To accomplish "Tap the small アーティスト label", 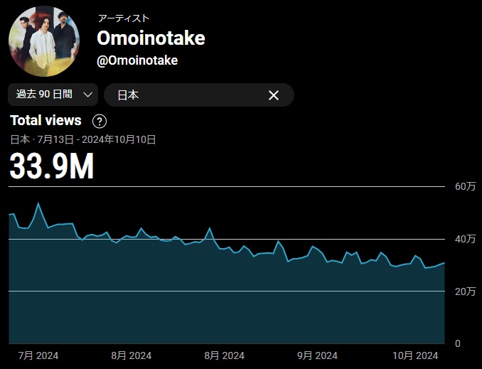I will (x=124, y=18).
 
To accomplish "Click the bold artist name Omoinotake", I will (x=151, y=38).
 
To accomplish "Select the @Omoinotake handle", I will (x=137, y=60).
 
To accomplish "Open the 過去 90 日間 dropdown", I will (x=53, y=95).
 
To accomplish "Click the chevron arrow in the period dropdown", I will (x=88, y=95).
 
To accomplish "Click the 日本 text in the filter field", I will (x=128, y=95).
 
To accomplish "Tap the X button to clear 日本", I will (x=273, y=95).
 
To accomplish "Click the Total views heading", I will (x=45, y=120).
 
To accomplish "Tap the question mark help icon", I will (x=100, y=121).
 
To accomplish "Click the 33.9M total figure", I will (x=52, y=166).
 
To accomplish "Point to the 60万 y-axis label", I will (x=466, y=186).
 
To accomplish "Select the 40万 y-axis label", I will (x=466, y=239).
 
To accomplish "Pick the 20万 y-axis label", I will (x=466, y=292).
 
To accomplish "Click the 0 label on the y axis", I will (x=459, y=343).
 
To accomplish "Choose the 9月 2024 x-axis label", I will (x=317, y=355).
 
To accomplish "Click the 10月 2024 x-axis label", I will (x=416, y=355).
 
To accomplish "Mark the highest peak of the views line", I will (x=38, y=203).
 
